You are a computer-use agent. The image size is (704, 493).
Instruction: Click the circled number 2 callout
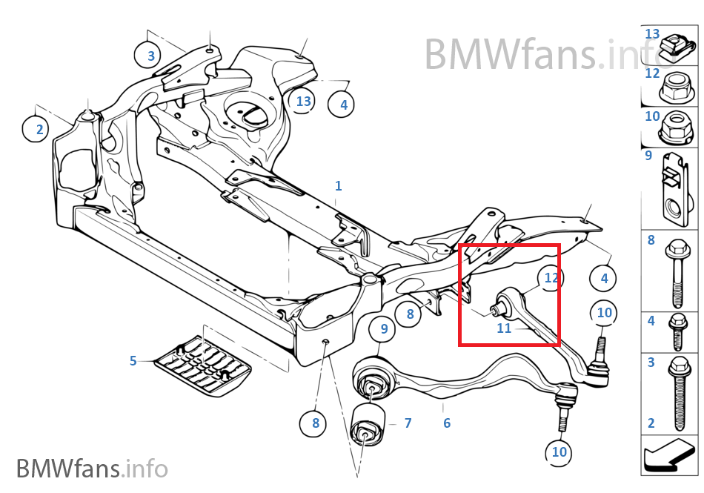(35, 129)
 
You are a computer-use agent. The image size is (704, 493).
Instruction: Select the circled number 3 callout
(147, 55)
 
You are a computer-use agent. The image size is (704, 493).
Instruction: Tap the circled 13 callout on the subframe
(301, 101)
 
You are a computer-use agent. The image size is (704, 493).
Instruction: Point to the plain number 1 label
(339, 185)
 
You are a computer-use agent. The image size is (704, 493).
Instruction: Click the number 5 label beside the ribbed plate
(133, 360)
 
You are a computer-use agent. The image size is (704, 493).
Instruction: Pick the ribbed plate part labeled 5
(202, 366)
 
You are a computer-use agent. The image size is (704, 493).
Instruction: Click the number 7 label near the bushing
(408, 423)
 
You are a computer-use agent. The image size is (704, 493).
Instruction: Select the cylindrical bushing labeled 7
(368, 425)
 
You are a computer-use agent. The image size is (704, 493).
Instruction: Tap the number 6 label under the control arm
(447, 423)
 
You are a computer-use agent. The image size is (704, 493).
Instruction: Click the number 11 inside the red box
(504, 328)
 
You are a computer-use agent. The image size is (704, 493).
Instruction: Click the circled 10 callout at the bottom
(559, 452)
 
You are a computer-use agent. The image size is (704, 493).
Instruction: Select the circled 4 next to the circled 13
(341, 105)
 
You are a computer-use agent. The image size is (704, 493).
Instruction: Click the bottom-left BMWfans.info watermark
(92, 468)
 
